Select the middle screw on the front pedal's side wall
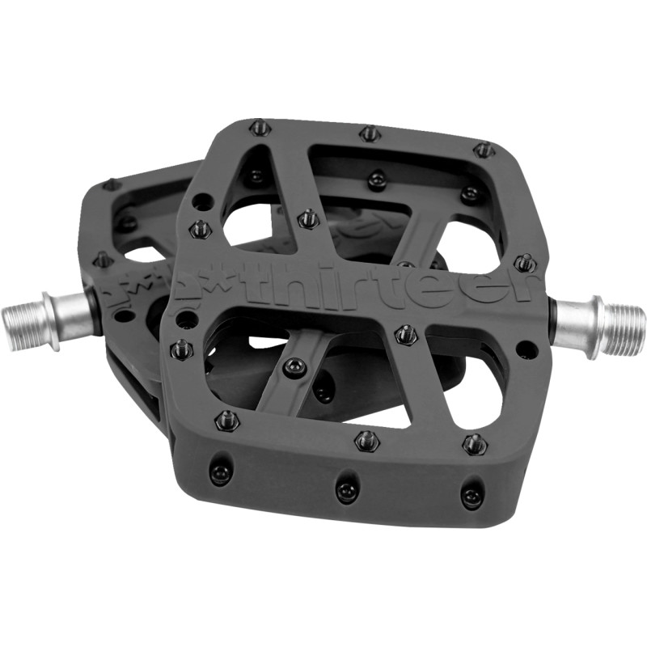click(x=346, y=488)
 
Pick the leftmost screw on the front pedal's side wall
click(x=220, y=474)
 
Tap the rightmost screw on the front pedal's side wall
click(x=472, y=494)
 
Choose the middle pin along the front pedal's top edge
click(x=370, y=132)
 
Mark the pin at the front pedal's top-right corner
click(x=484, y=150)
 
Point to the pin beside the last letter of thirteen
click(x=524, y=263)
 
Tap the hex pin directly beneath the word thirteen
click(x=405, y=333)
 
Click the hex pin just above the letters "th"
click(x=307, y=218)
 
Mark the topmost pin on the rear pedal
click(x=112, y=185)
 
